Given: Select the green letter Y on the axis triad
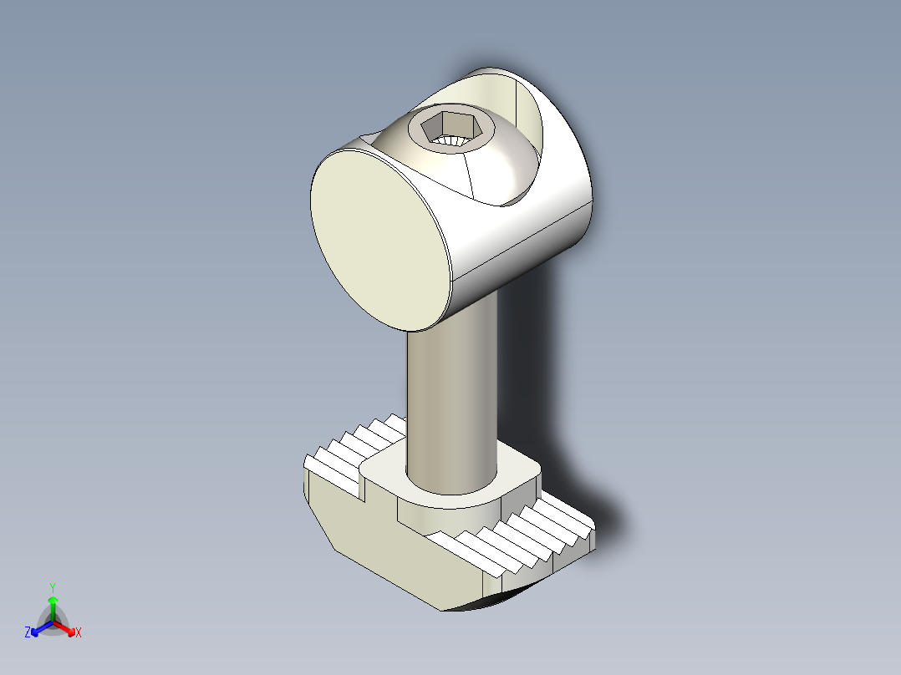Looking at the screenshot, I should [x=52, y=586].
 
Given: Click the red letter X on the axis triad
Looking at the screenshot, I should [x=79, y=632].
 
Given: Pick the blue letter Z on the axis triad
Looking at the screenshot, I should [x=28, y=632].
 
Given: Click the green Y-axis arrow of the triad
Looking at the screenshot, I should [x=53, y=606].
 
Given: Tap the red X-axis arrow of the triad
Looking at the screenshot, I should [x=67, y=628].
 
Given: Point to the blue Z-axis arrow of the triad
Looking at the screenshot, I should [x=38, y=628].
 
